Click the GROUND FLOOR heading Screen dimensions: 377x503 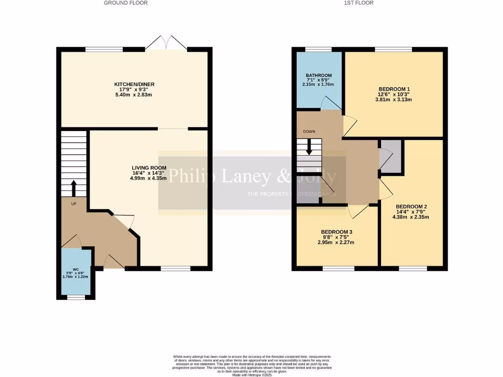coord(126,3)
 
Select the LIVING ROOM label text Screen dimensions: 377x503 coord(149,168)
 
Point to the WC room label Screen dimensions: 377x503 coord(76,269)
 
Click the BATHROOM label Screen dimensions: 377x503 coord(318,75)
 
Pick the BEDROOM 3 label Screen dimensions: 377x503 coord(336,232)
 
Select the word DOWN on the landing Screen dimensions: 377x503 coord(309,132)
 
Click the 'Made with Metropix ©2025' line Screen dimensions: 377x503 coord(251,375)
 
